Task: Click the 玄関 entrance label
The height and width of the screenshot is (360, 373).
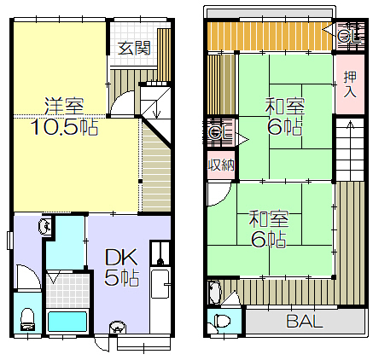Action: [x=134, y=48]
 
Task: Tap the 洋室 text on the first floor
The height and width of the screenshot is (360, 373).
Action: [x=64, y=106]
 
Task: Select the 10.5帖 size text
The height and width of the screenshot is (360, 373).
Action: [x=65, y=127]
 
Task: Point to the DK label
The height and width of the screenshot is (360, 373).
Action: [x=122, y=258]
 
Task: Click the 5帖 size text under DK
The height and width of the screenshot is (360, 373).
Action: [x=122, y=277]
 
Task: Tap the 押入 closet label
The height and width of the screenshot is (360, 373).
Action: [x=350, y=84]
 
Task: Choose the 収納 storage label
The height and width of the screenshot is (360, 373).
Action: [x=222, y=165]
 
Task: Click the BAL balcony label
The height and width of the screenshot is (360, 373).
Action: [x=305, y=322]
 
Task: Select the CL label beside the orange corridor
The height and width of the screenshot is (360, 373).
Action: [x=349, y=37]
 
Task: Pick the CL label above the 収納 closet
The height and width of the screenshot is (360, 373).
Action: [x=220, y=132]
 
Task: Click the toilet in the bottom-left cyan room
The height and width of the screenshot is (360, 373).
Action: [x=27, y=319]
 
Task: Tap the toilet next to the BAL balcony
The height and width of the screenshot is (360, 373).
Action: [x=223, y=322]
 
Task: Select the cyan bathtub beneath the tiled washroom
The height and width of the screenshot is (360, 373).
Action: [x=67, y=322]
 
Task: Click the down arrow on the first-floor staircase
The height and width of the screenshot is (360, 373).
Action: [x=155, y=110]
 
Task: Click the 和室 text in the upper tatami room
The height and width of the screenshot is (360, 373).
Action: [x=285, y=106]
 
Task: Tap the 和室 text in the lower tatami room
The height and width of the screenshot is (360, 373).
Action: [x=269, y=218]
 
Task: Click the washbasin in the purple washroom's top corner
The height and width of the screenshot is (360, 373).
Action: [x=45, y=227]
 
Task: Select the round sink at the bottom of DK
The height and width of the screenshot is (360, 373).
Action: [x=117, y=327]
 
